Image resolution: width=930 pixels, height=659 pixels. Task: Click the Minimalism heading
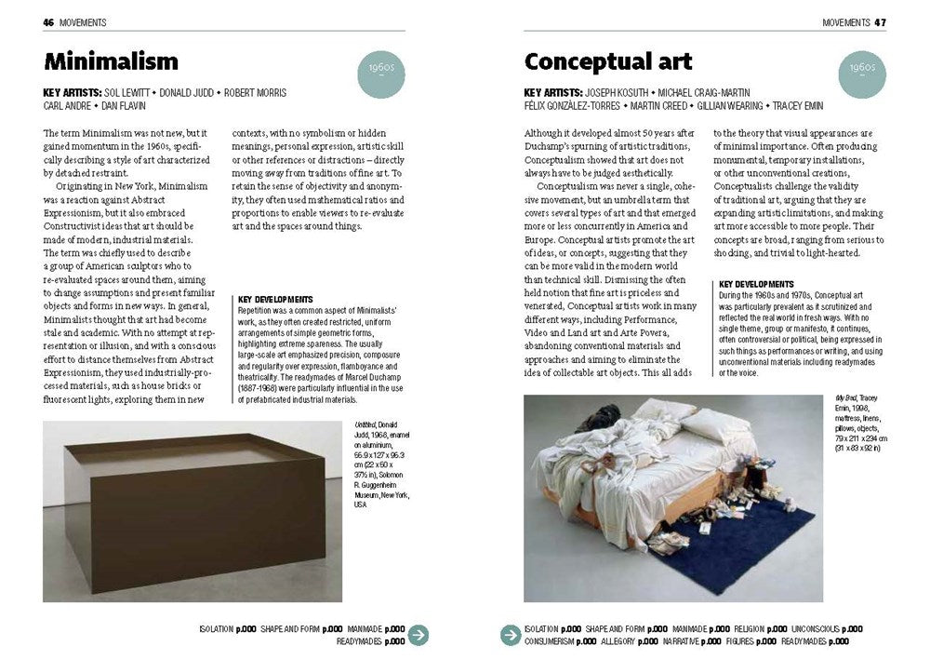(111, 62)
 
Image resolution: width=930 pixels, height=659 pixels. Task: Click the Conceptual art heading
(608, 62)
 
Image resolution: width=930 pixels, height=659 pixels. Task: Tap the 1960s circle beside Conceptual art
(861, 72)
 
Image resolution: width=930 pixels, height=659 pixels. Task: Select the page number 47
(879, 21)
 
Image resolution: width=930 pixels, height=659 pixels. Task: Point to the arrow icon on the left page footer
(419, 635)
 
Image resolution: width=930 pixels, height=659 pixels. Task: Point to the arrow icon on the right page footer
(511, 635)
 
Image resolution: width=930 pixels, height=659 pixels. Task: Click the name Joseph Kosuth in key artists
(618, 93)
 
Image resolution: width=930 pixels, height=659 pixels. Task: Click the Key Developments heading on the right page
(756, 284)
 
